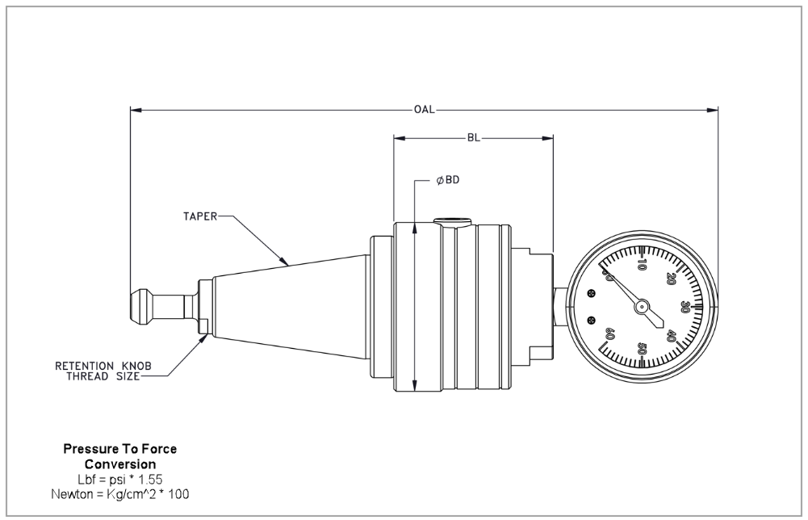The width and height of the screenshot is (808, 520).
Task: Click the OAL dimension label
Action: [425, 109]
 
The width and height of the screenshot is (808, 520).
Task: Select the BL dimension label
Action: [474, 137]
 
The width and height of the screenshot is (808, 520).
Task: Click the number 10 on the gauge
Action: [642, 263]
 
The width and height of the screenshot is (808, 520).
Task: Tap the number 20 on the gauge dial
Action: [670, 279]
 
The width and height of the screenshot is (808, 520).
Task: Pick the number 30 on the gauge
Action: [684, 307]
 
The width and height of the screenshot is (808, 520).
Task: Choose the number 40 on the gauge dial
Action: [671, 335]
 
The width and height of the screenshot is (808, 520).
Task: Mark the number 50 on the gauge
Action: [643, 349]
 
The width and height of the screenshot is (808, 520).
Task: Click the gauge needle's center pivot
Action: [642, 306]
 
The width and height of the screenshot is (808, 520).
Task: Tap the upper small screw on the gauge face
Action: [592, 292]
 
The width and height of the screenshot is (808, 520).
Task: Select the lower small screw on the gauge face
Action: [592, 320]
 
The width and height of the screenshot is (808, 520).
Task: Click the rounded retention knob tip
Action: [139, 306]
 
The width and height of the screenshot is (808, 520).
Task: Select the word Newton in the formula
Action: [72, 493]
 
